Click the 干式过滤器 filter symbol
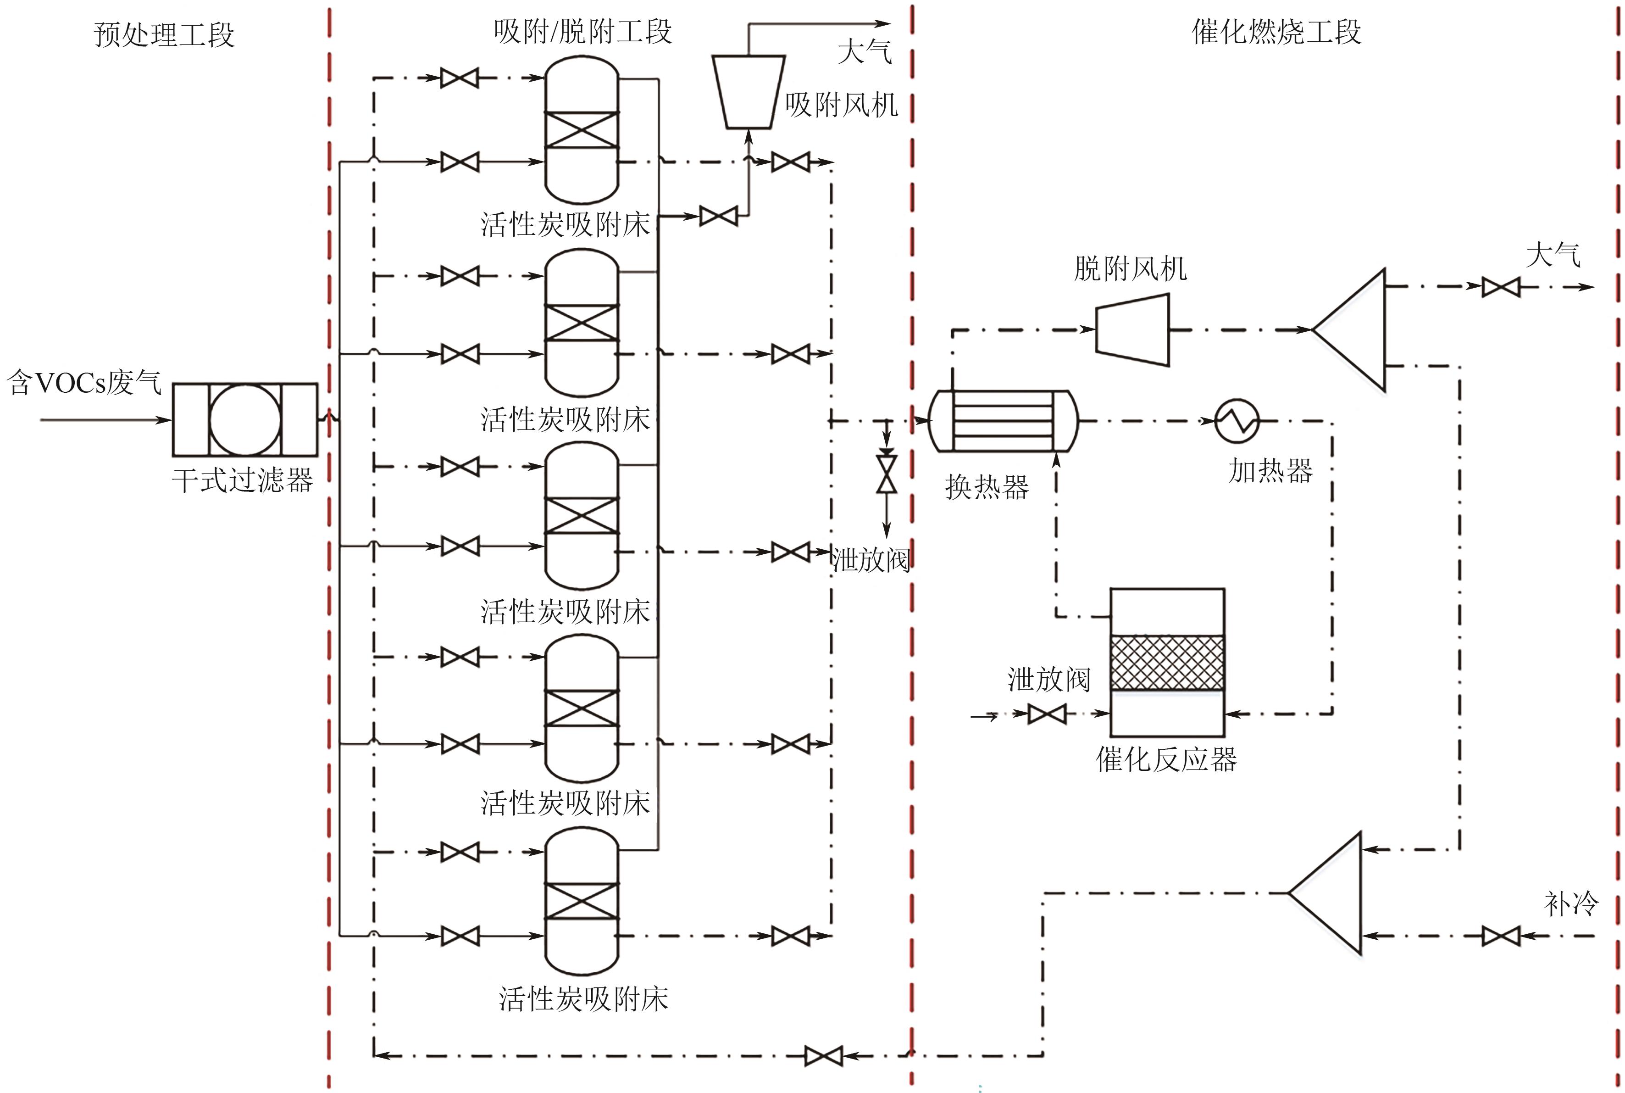pyautogui.click(x=245, y=420)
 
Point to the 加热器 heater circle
pyautogui.click(x=1237, y=421)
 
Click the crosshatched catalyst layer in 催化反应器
pyautogui.click(x=1167, y=662)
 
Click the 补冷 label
pyautogui.click(x=1570, y=903)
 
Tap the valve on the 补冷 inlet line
pyautogui.click(x=1500, y=936)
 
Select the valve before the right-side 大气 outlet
pyautogui.click(x=1500, y=286)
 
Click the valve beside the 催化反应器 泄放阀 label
pyautogui.click(x=1048, y=714)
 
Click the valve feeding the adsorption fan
pyautogui.click(x=718, y=216)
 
